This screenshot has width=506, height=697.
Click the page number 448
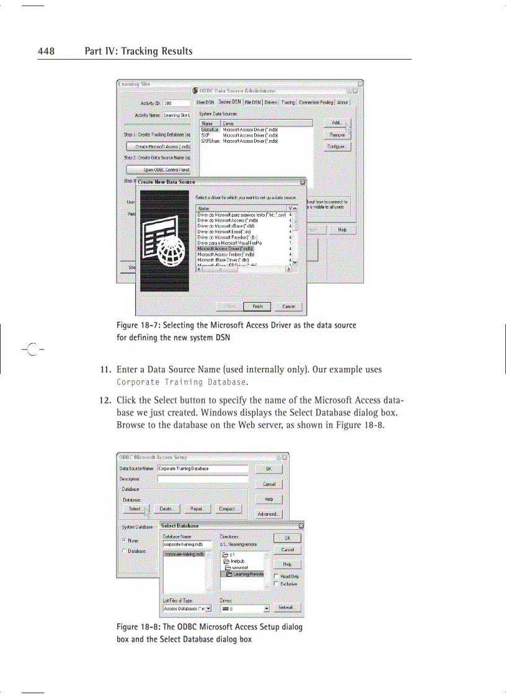47,51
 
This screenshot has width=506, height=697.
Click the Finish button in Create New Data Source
257,307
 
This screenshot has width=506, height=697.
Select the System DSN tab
229,102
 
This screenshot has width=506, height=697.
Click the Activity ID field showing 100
176,103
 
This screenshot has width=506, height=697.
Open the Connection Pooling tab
316,102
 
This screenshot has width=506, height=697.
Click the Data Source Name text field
202,469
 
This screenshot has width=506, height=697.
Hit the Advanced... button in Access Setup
269,514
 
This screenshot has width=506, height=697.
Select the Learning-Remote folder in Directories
244,574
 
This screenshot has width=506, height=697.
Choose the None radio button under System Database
124,541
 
